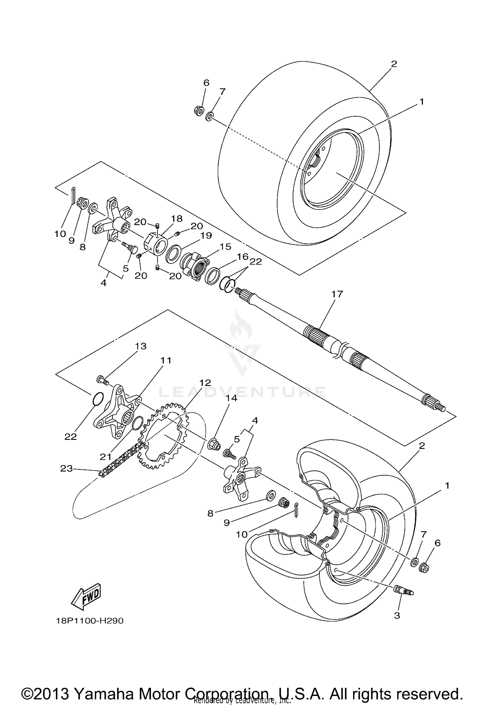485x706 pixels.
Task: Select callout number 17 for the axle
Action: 337,294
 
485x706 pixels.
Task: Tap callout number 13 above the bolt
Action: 141,346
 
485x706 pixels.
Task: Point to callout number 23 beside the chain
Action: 66,468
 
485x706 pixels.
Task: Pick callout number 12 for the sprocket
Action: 205,383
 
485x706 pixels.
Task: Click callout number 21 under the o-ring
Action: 105,457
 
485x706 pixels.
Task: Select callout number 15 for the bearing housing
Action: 225,247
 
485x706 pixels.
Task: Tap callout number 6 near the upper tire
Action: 206,83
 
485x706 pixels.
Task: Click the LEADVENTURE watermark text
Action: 242,392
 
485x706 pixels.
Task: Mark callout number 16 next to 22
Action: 242,257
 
